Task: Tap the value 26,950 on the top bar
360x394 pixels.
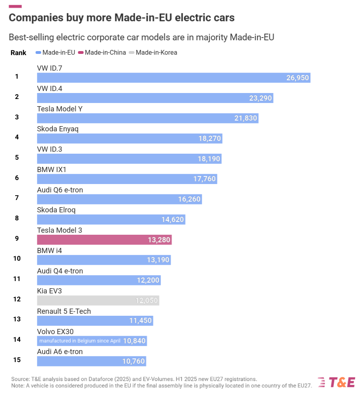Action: click(x=297, y=78)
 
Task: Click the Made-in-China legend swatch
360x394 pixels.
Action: click(x=81, y=53)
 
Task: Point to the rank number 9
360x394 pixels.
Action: click(x=17, y=238)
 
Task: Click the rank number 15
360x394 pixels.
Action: click(x=17, y=360)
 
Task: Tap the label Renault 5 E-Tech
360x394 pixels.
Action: click(x=64, y=311)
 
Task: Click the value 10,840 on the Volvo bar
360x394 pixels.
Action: click(x=134, y=341)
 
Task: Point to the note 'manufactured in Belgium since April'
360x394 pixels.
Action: click(x=80, y=341)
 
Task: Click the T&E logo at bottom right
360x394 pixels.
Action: click(x=336, y=382)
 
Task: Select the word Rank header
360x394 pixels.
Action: click(x=18, y=53)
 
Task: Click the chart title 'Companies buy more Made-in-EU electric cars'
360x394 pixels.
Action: click(x=121, y=18)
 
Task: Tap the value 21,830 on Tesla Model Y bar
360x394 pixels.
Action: click(x=245, y=118)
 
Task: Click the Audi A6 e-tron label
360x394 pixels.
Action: click(x=60, y=351)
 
